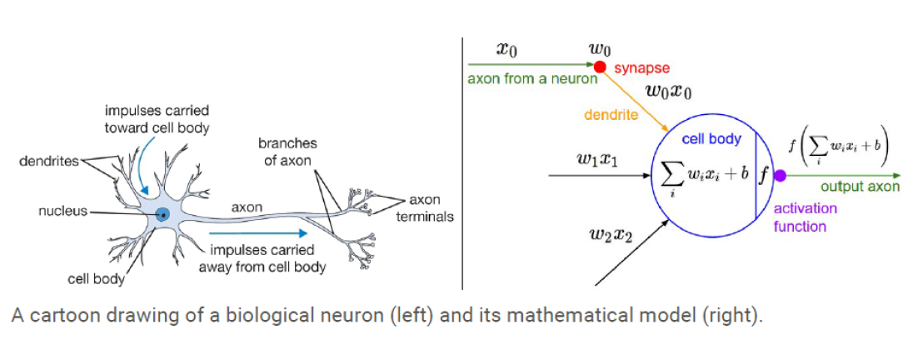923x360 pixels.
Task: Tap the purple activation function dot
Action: [x=780, y=176]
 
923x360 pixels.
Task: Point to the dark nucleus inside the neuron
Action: [x=164, y=214]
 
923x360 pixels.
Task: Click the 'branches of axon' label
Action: [x=287, y=152]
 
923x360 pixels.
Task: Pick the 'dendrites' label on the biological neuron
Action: [x=47, y=160]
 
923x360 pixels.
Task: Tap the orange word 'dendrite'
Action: [x=611, y=115]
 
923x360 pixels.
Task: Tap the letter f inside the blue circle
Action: [x=763, y=177]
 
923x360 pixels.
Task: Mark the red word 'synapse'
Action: [x=641, y=67]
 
